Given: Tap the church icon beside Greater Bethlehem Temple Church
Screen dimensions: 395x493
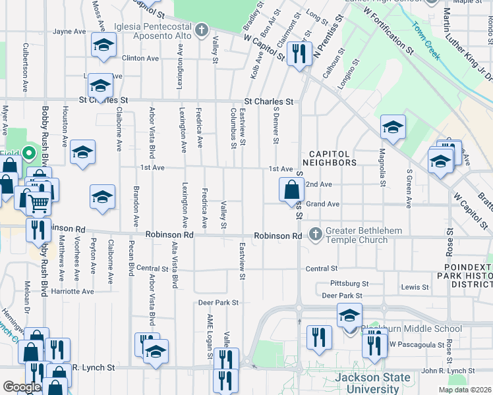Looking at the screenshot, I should tap(315, 234).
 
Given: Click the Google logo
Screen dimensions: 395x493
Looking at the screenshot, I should tap(22, 386).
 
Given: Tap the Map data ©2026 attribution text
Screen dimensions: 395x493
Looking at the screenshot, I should tap(465, 390).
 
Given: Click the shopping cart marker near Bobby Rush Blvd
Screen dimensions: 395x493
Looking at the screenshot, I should tap(39, 203).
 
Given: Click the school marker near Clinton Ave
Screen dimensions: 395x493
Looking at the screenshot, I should tap(102, 45).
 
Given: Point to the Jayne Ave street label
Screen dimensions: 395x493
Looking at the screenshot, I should tap(70, 31).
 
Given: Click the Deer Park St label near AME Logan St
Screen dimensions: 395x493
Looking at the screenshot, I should tap(218, 303).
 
